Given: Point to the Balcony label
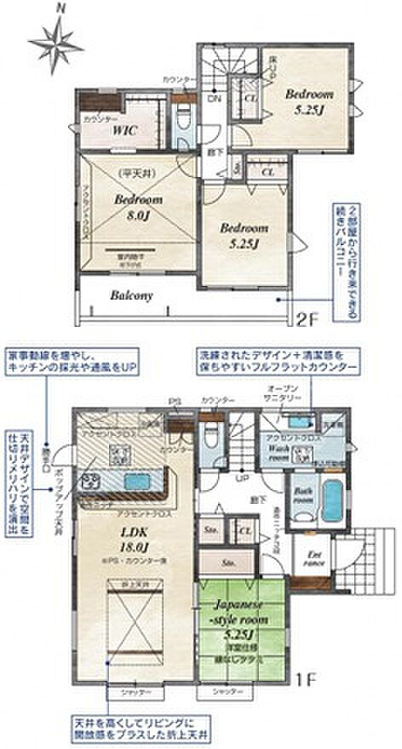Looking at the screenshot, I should tap(130, 295).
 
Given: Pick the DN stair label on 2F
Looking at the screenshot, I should tap(214, 98).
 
